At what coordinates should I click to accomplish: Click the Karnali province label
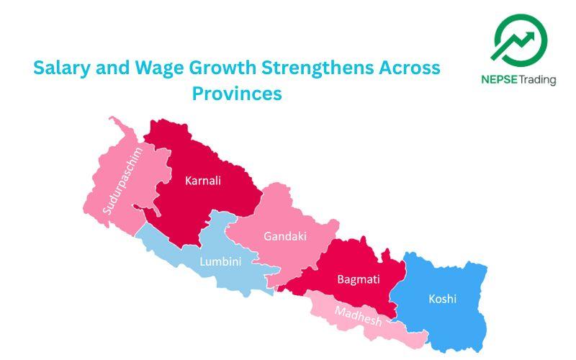tap(202, 181)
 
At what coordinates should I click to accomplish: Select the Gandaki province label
tap(284, 235)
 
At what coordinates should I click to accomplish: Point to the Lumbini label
tap(220, 261)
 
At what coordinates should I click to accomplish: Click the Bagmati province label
tap(359, 279)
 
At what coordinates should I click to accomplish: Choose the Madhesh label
tap(358, 315)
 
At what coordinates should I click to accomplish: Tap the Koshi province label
tap(442, 298)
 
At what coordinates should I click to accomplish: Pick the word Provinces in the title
tap(237, 94)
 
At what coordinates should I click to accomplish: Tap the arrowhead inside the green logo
tap(536, 34)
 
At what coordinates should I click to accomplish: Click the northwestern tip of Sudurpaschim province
tap(111, 119)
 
